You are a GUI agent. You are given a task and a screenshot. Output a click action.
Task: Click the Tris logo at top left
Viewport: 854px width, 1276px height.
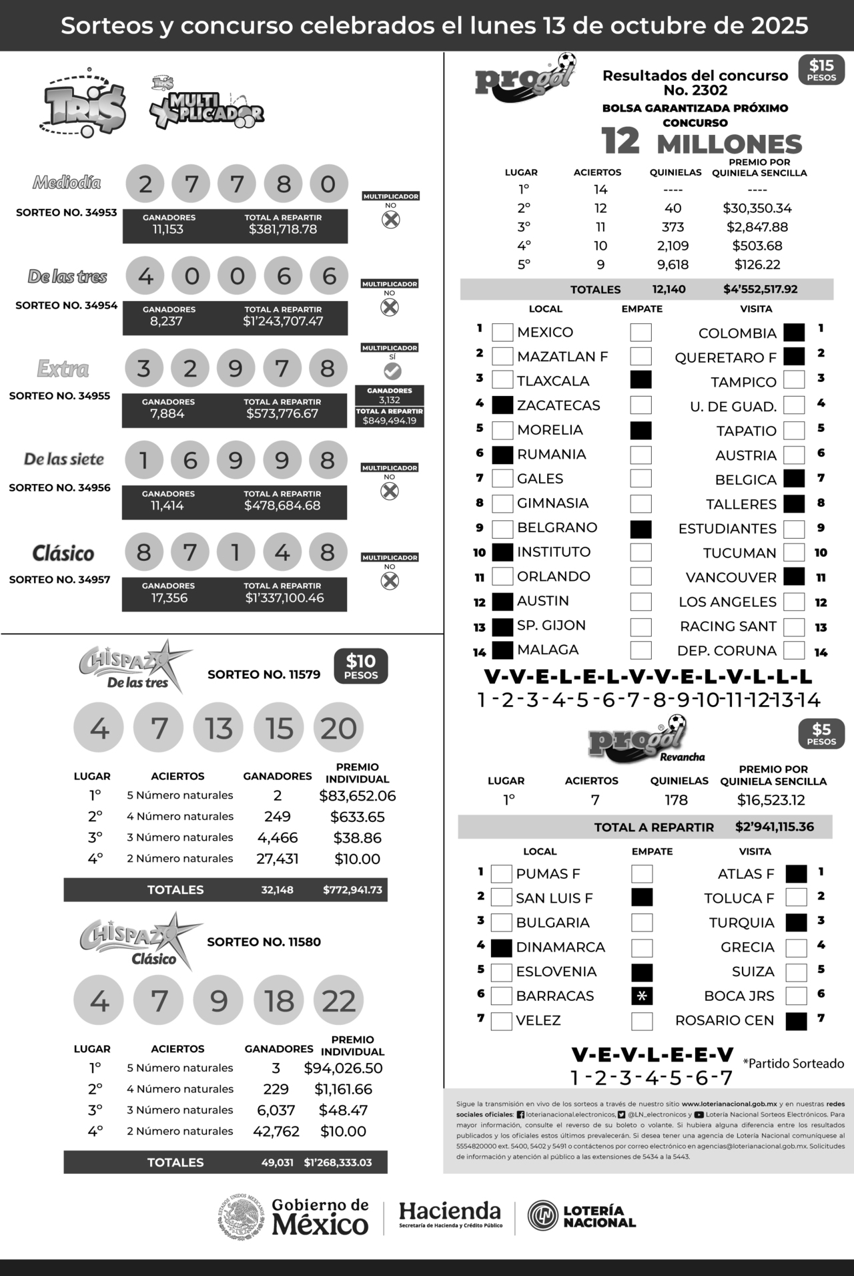pyautogui.click(x=84, y=104)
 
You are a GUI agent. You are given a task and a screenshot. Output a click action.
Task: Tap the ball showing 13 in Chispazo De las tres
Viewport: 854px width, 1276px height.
pyautogui.click(x=219, y=728)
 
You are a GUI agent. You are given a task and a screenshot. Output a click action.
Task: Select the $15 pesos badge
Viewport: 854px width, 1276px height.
pyautogui.click(x=821, y=70)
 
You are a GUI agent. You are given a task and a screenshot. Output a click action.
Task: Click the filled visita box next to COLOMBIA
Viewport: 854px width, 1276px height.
pyautogui.click(x=794, y=333)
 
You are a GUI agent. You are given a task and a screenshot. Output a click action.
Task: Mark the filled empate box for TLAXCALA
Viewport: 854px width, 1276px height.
pyautogui.click(x=640, y=380)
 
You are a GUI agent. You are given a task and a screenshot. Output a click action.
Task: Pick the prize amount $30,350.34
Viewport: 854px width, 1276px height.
pyautogui.click(x=757, y=208)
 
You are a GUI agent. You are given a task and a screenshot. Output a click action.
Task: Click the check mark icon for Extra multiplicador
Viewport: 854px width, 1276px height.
pyautogui.click(x=392, y=371)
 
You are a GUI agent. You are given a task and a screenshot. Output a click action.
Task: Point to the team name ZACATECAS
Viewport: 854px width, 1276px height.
pyautogui.click(x=558, y=405)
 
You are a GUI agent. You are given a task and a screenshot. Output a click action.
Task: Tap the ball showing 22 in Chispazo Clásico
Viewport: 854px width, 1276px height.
pyautogui.click(x=338, y=1001)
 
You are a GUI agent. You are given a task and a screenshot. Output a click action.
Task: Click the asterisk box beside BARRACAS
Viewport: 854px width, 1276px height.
pyautogui.click(x=642, y=996)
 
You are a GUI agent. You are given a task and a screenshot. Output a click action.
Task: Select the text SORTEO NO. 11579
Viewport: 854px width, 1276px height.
pyautogui.click(x=264, y=674)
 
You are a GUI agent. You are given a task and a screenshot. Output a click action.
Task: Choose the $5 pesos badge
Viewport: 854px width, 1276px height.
pyautogui.click(x=821, y=734)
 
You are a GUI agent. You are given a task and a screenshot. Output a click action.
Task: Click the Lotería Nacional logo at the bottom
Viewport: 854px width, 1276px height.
pyautogui.click(x=581, y=1216)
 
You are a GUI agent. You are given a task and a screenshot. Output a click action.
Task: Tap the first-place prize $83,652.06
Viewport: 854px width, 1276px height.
pyautogui.click(x=357, y=796)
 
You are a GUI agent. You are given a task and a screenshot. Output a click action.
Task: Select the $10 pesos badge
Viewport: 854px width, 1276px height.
pyautogui.click(x=361, y=666)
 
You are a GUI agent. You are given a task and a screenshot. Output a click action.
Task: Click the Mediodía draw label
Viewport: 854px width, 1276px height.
pyautogui.click(x=67, y=182)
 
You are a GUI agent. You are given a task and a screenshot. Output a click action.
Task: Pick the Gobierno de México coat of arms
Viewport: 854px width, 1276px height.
pyautogui.click(x=242, y=1217)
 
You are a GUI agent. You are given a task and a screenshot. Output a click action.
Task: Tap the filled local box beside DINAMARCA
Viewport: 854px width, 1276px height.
pyautogui.click(x=501, y=947)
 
